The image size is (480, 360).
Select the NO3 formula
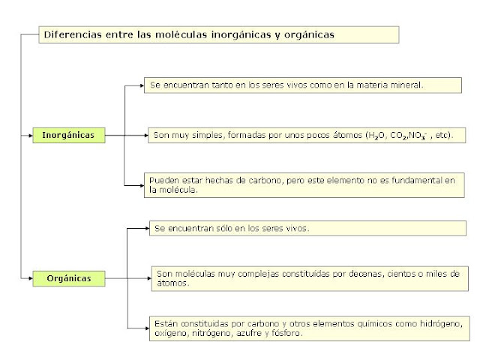click(x=418, y=136)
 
